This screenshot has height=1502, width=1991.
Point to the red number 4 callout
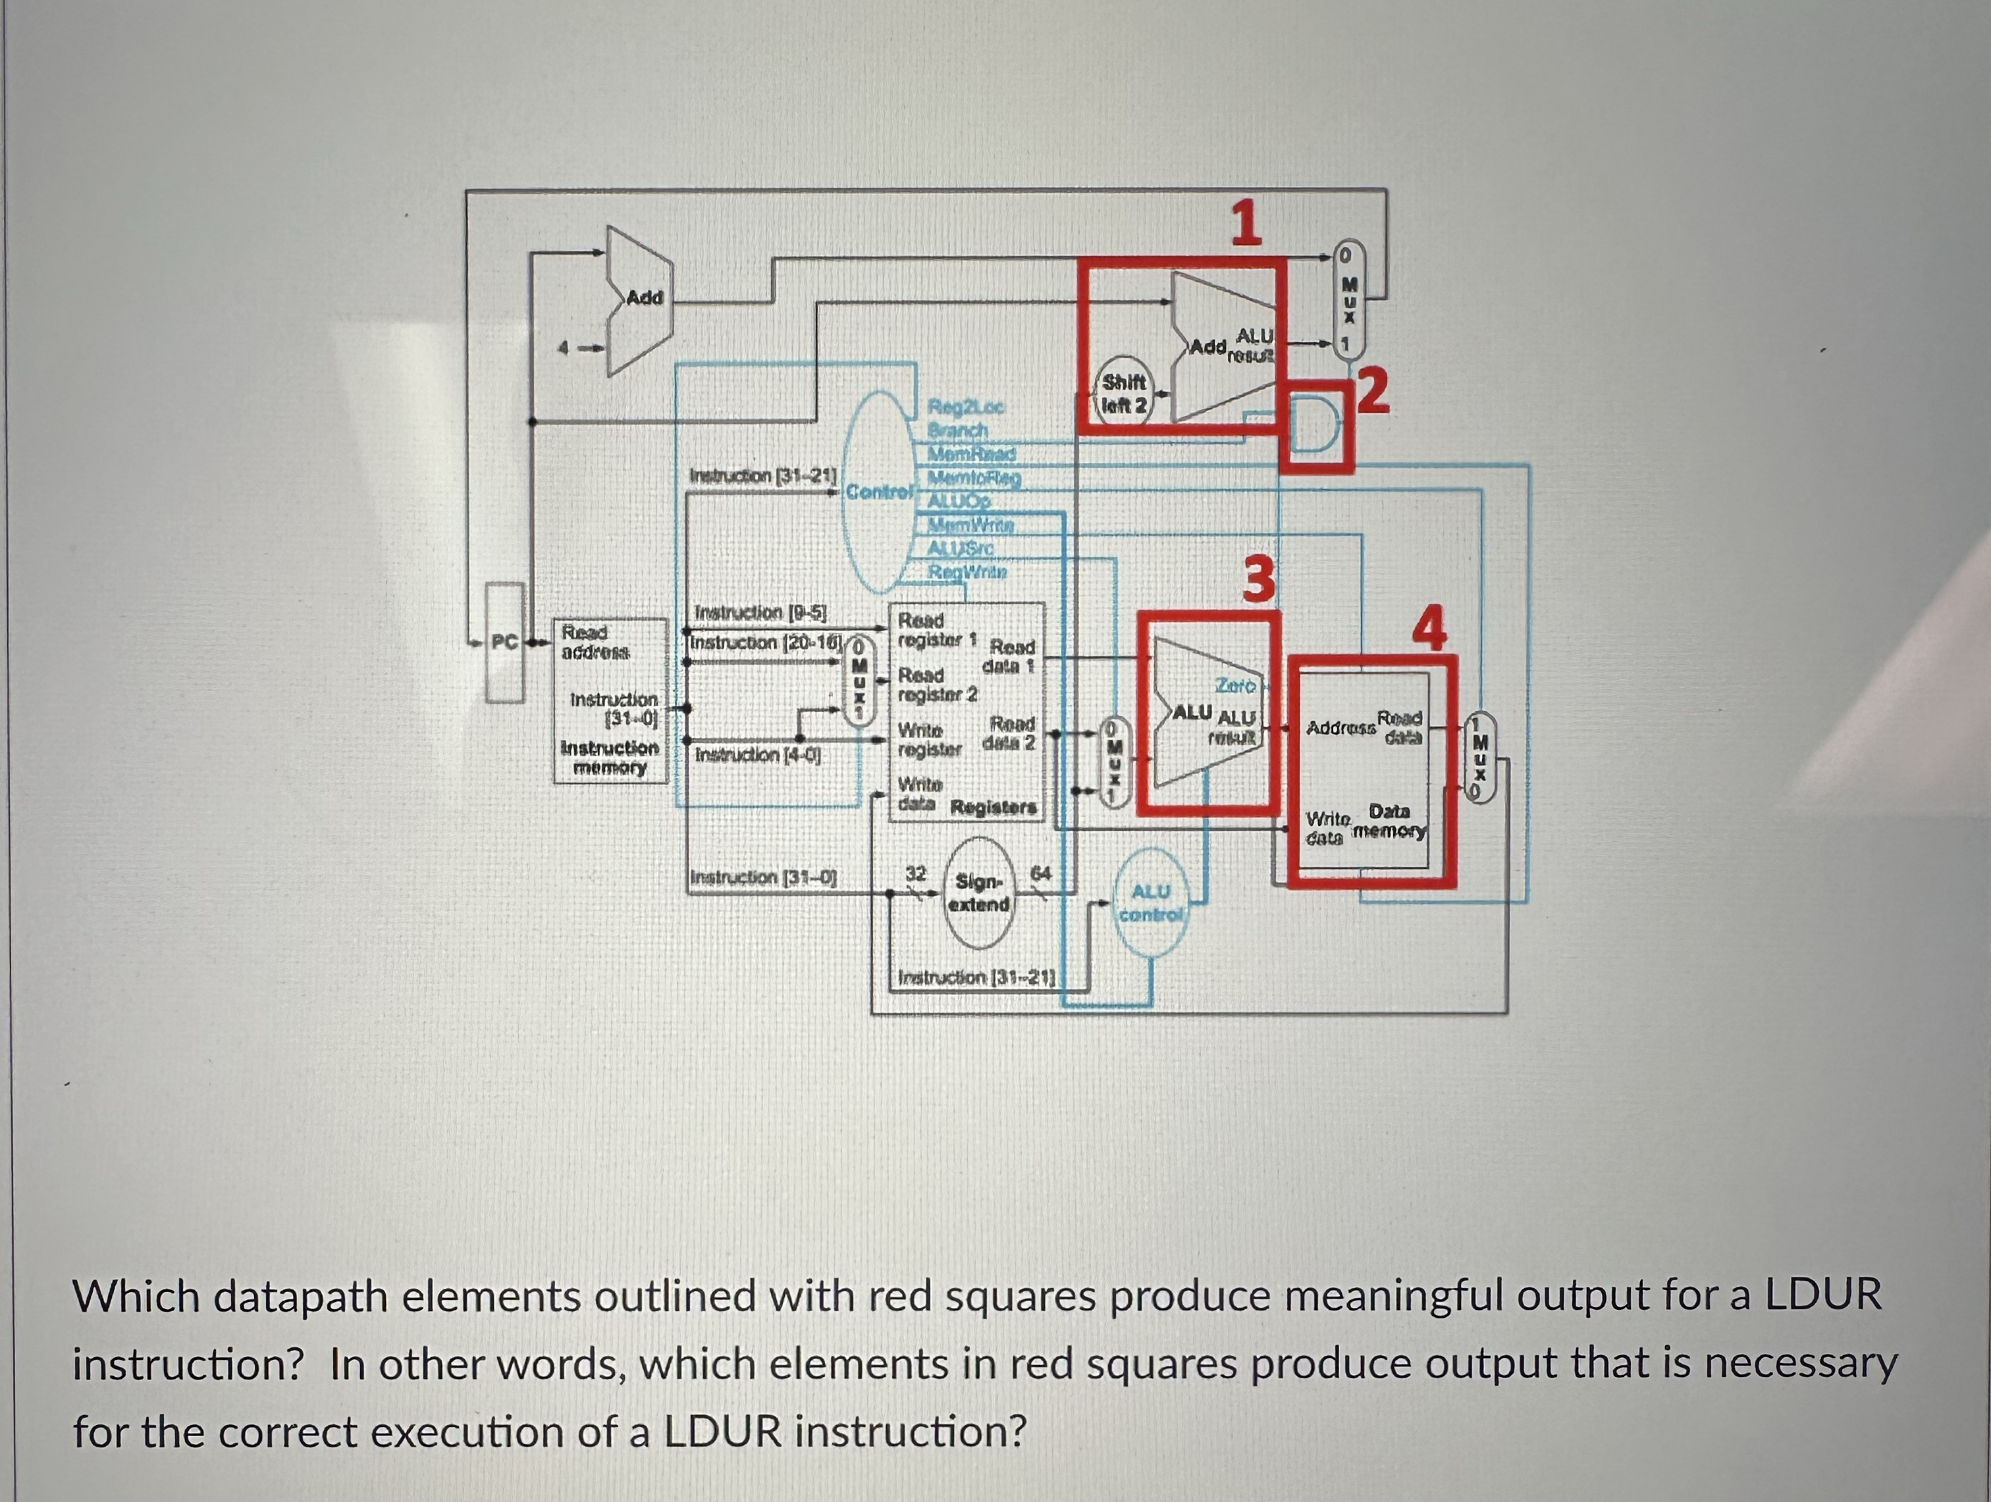point(1429,627)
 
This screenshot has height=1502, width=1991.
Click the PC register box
point(504,642)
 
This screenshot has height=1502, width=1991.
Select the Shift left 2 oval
point(1124,394)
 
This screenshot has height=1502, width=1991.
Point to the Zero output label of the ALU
point(1235,686)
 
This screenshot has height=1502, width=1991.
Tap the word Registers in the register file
point(994,807)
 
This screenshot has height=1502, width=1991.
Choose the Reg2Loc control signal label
point(967,407)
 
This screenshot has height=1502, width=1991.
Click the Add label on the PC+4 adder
point(645,297)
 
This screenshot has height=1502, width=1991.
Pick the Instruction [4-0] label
point(757,754)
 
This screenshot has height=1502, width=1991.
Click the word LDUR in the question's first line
point(1822,1296)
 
